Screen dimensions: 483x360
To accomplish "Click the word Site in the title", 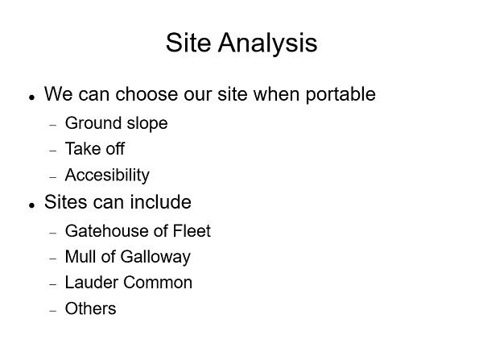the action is [188, 43].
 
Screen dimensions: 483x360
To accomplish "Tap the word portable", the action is [341, 94].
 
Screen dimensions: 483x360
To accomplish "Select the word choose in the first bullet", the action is [147, 93].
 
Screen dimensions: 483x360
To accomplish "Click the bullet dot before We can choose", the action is [31, 97].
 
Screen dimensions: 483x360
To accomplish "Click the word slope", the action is [147, 123].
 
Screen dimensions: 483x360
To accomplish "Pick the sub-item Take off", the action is [95, 149].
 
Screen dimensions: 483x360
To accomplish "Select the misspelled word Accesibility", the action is [107, 176].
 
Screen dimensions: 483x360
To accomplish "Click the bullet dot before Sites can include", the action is [31, 205].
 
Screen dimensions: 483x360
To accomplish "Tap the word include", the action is [160, 202].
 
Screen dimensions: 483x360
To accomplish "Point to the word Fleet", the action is [192, 231].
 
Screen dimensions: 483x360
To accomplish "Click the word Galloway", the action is [155, 258].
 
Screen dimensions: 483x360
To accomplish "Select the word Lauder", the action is [92, 283].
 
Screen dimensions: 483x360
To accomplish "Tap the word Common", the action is [158, 283].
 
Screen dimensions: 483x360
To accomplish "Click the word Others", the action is [90, 308].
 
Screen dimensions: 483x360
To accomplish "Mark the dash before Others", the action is [53, 311].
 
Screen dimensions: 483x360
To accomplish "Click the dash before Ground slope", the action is [53, 125].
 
